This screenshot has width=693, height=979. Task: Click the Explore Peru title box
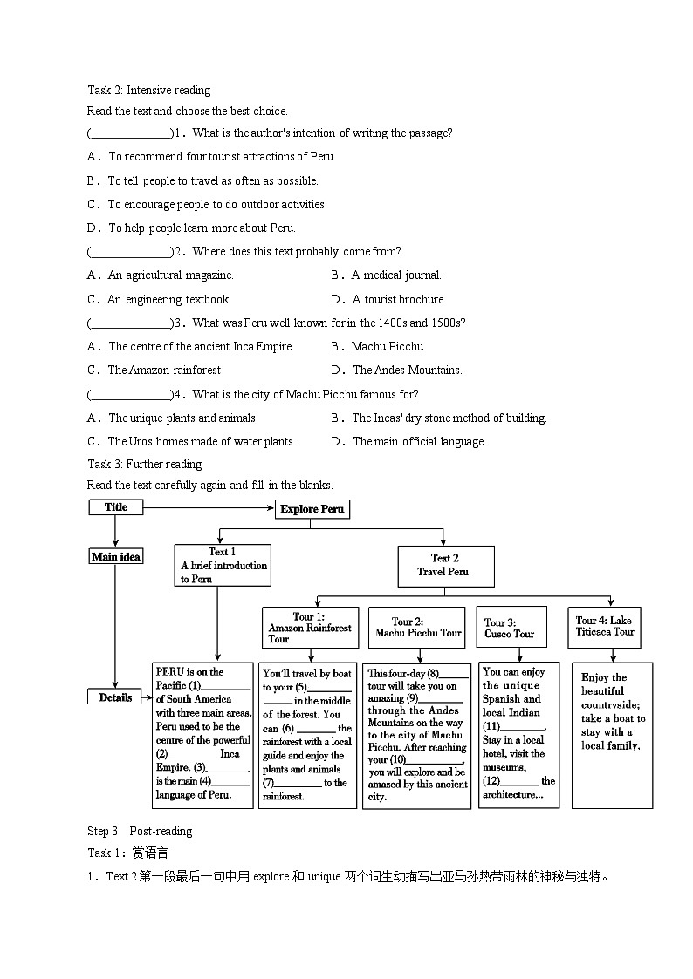pyautogui.click(x=312, y=509)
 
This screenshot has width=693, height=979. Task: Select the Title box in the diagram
pyautogui.click(x=115, y=507)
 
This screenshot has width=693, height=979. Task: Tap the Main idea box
pyautogui.click(x=115, y=556)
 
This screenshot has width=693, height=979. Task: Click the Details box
pyautogui.click(x=114, y=697)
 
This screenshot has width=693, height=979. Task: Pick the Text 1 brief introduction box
pyautogui.click(x=223, y=565)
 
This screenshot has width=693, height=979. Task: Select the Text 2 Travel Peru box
pyautogui.click(x=445, y=565)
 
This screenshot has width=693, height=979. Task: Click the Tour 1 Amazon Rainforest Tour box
pyautogui.click(x=310, y=628)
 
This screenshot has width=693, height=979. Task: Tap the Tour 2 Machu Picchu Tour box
pyautogui.click(x=415, y=628)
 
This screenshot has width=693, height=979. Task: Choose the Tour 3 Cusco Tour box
pyautogui.click(x=511, y=628)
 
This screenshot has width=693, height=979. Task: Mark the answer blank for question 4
pyautogui.click(x=131, y=395)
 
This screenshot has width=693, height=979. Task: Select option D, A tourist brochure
pyautogui.click(x=399, y=300)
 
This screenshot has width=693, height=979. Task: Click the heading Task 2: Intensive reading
pyautogui.click(x=148, y=90)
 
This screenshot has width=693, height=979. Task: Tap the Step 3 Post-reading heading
pyautogui.click(x=140, y=831)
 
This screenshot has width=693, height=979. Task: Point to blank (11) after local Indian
pyautogui.click(x=525, y=726)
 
